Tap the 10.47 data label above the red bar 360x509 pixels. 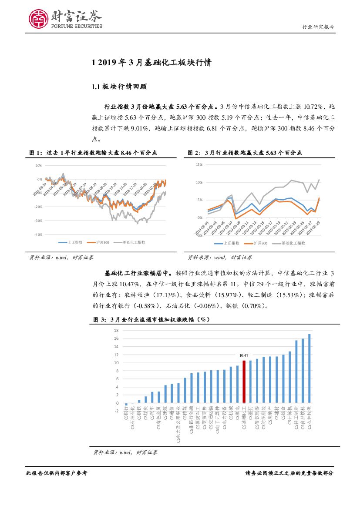click(244, 355)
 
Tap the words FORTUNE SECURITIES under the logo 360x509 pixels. click(77, 26)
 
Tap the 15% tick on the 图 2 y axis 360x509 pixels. click(199, 164)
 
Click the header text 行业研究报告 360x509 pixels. click(318, 27)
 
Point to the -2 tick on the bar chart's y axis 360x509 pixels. click(117, 411)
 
